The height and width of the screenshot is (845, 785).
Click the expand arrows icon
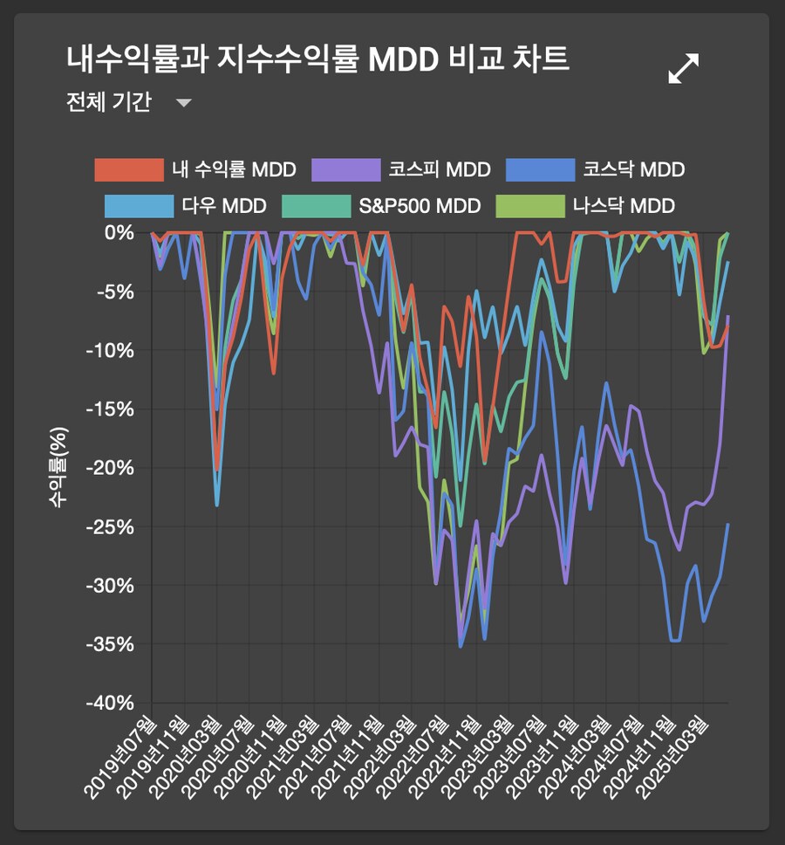[x=683, y=68]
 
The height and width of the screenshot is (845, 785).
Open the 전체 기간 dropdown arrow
[x=183, y=103]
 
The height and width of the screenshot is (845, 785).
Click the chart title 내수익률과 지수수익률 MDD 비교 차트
[x=317, y=59]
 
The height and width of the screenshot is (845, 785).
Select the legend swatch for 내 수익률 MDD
[x=129, y=169]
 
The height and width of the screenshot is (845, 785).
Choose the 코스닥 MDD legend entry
[x=634, y=169]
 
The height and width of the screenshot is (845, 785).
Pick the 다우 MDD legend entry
[x=224, y=207]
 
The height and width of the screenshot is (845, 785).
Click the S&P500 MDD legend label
[x=420, y=207]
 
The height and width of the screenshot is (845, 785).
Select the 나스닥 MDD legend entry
[x=624, y=207]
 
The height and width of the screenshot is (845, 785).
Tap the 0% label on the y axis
[x=119, y=233]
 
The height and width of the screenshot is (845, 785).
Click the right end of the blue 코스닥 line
[x=727, y=525]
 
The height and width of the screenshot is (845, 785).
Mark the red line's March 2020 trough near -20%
[x=217, y=470]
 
